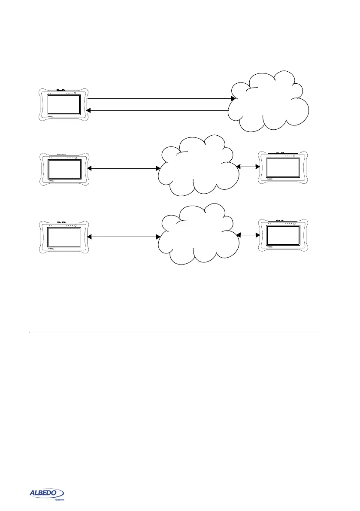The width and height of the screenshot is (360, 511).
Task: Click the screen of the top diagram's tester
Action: [x=64, y=105]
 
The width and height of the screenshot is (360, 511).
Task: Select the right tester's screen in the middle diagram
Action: [x=283, y=168]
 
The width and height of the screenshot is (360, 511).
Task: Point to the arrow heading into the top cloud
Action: [x=159, y=99]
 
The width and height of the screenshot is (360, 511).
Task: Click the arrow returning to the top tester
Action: [x=159, y=111]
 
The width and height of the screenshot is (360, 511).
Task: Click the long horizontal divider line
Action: [x=175, y=333]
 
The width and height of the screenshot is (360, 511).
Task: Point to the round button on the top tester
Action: [x=75, y=93]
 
